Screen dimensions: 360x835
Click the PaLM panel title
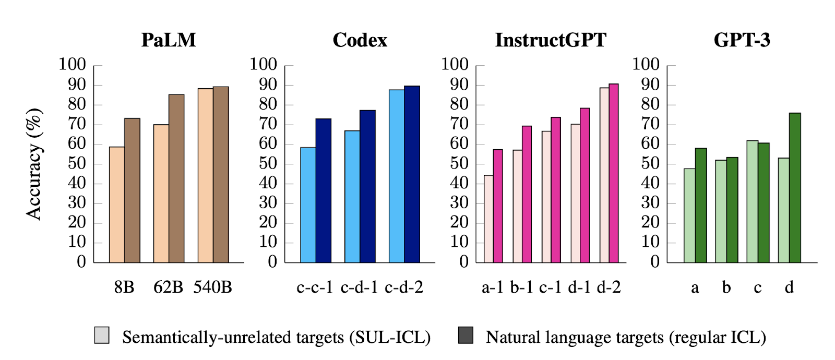pos(169,40)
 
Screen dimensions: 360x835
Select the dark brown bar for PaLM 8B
pos(132,190)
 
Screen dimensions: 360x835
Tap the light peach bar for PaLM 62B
pos(161,193)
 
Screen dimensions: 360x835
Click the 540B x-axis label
pos(212,287)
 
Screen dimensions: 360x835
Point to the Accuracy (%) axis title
pos(34,164)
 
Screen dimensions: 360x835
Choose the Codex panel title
pos(360,40)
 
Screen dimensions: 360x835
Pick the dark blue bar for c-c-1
pos(323,190)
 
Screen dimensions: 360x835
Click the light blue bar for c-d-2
pos(397,176)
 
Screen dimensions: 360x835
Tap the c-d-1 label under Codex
pos(359,287)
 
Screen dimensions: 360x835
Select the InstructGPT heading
pos(551,40)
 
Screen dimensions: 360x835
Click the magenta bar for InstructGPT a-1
pos(498,206)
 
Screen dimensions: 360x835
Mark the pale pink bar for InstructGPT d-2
pos(604,175)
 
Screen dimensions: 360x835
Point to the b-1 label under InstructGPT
pos(521,287)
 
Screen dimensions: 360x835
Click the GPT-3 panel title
pos(742,40)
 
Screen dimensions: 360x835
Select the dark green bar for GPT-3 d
pos(795,188)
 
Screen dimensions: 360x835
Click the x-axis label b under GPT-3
pos(726,287)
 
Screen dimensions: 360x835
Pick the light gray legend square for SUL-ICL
pos(102,335)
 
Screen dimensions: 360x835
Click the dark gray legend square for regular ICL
pos(466,335)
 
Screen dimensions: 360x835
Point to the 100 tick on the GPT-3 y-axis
pos(646,65)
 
